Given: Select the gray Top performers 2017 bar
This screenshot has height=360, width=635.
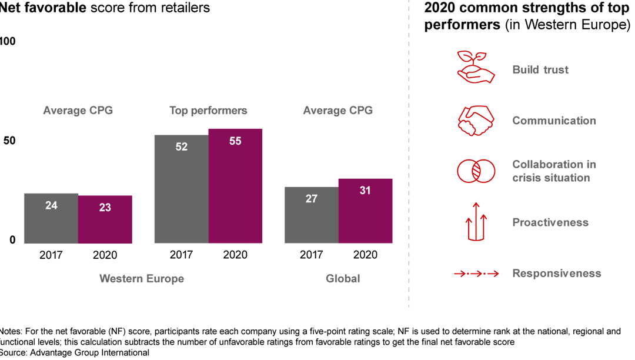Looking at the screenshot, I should (x=181, y=189).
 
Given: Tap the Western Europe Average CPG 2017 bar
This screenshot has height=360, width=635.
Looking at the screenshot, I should (x=51, y=218).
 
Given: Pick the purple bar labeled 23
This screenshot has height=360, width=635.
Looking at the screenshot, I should (x=105, y=219).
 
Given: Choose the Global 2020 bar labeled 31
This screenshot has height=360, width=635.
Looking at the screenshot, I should (x=365, y=211).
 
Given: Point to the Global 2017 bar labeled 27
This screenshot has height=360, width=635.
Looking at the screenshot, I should (x=312, y=215).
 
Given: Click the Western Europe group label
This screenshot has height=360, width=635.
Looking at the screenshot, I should (x=142, y=279).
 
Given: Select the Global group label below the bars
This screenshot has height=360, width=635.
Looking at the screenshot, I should (x=343, y=279).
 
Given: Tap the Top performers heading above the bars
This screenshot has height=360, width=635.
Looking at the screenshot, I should (x=208, y=111).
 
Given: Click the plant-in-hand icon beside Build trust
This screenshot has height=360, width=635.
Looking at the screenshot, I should (x=473, y=66).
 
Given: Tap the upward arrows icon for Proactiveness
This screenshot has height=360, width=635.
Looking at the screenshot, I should (x=477, y=221).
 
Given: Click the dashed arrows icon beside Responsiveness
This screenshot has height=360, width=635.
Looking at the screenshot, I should (x=476, y=274).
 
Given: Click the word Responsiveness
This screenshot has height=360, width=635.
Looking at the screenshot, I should (x=556, y=273).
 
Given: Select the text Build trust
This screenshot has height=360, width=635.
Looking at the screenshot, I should (x=540, y=69).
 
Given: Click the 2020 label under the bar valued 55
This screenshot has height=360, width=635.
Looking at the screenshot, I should (x=235, y=255).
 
